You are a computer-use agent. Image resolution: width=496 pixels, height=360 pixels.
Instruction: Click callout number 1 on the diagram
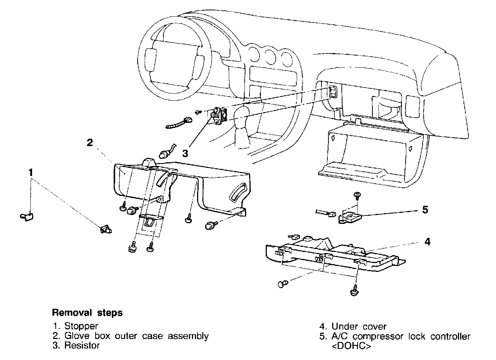(x=31, y=172)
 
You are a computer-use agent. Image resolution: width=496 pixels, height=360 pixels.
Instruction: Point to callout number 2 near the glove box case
(x=90, y=142)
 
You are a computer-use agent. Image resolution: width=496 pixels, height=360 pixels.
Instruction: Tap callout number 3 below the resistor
(x=185, y=152)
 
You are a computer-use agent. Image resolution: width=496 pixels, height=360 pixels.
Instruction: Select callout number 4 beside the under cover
(x=427, y=242)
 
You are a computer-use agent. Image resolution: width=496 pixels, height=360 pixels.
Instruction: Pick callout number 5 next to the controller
(x=425, y=210)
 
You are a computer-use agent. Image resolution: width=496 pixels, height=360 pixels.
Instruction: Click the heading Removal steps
(x=87, y=313)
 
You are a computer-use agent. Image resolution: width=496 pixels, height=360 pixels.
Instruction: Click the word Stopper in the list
(x=81, y=326)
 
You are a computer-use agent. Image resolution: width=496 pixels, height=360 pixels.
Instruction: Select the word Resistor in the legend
(x=82, y=346)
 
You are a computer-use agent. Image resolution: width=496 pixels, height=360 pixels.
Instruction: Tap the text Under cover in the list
(x=359, y=326)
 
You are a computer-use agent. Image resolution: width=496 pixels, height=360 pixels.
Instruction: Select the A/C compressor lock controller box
(x=350, y=217)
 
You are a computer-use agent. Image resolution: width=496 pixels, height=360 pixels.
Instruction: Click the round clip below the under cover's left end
(x=282, y=284)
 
